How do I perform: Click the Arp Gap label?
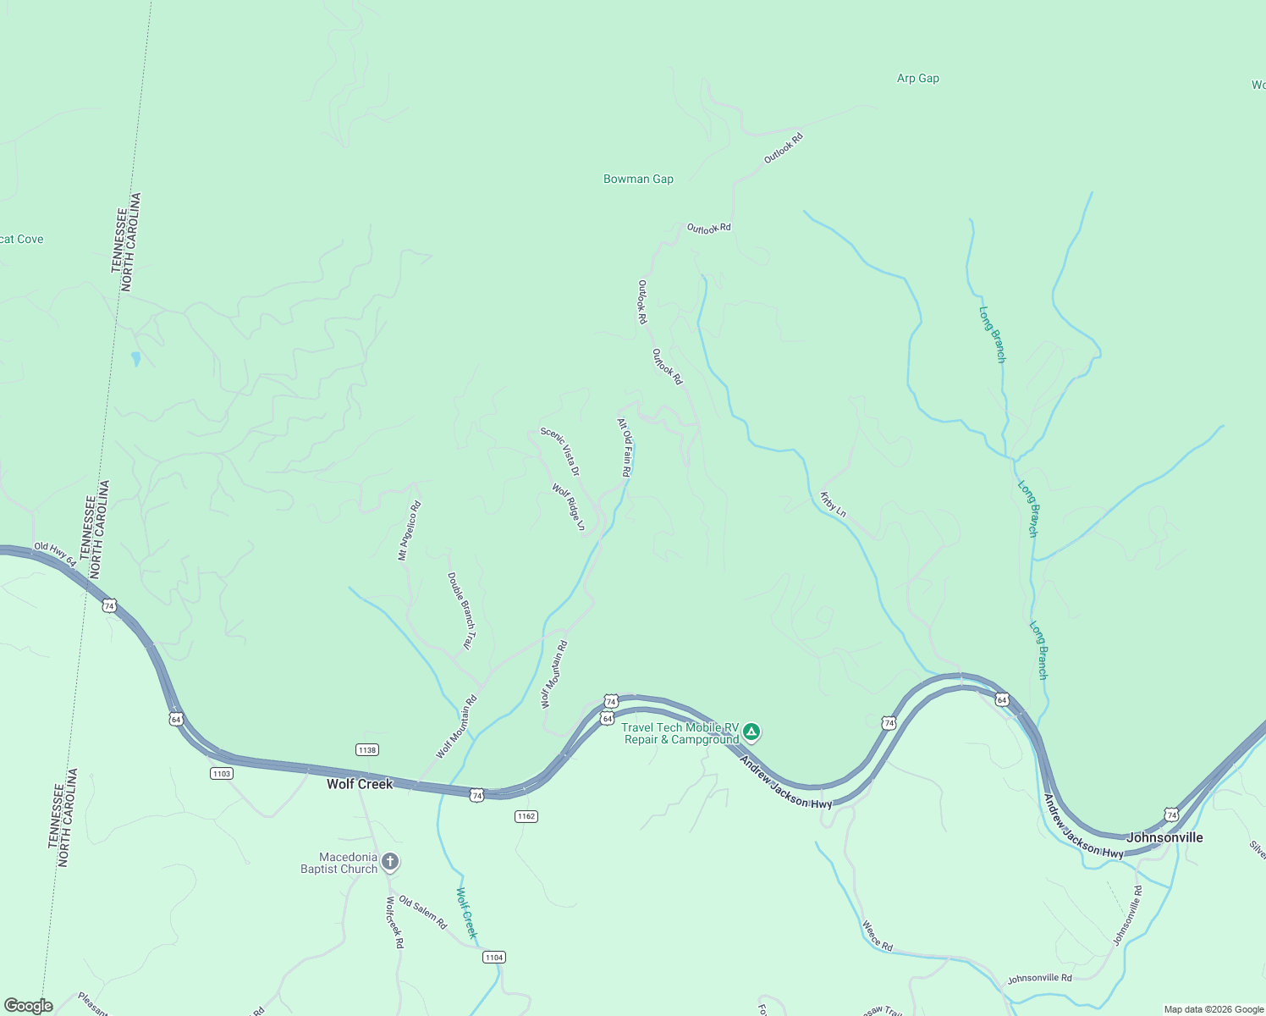(917, 79)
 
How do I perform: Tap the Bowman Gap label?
(638, 179)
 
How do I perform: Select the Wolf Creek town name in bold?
(360, 784)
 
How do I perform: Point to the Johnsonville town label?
(1164, 837)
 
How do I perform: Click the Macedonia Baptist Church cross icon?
(390, 862)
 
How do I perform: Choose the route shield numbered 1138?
(366, 750)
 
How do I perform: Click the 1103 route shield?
(221, 774)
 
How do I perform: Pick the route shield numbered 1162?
(526, 816)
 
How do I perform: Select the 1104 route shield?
(493, 958)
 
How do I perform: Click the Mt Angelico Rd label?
(410, 531)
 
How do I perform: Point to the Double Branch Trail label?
(461, 611)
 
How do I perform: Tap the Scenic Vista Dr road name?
(561, 451)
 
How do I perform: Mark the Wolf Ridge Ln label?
(569, 507)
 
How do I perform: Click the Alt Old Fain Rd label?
(625, 448)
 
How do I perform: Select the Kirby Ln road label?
(833, 504)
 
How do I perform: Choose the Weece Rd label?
(878, 936)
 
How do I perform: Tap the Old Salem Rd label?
(422, 913)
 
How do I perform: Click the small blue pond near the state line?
(135, 359)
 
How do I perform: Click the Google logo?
(28, 1006)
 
